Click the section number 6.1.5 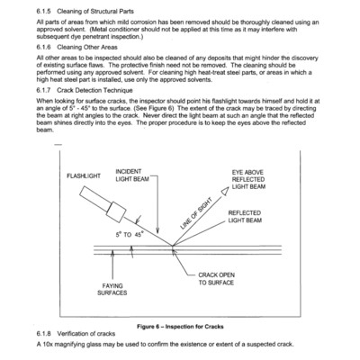click(43, 12)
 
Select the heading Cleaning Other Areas click(87, 48)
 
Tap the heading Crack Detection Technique click(94, 90)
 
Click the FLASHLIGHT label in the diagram click(84, 176)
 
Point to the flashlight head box click(116, 212)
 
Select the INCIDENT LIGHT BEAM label click(132, 175)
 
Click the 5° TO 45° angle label click(130, 235)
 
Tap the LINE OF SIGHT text click(196, 213)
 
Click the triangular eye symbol click(225, 190)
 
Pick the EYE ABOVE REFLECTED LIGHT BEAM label click(248, 179)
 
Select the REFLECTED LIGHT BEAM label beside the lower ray click(245, 217)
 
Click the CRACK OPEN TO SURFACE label click(216, 279)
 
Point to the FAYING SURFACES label click(112, 290)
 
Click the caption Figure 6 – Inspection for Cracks click(180, 327)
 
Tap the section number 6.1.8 click(43, 334)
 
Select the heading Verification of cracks click(86, 334)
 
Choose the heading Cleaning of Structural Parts click(95, 12)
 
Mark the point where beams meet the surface click(173, 246)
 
